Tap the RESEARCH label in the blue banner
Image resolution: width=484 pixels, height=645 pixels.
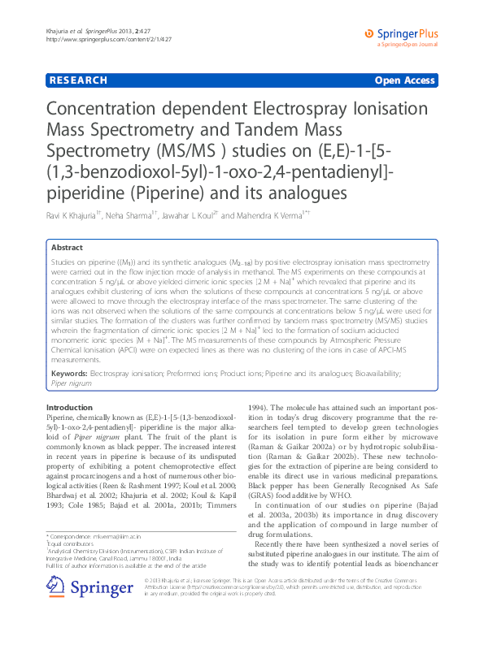pyautogui.click(x=78, y=80)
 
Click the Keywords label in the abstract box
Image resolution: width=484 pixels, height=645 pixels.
pyautogui.click(x=69, y=372)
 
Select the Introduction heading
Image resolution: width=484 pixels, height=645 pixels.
pyautogui.click(x=70, y=406)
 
